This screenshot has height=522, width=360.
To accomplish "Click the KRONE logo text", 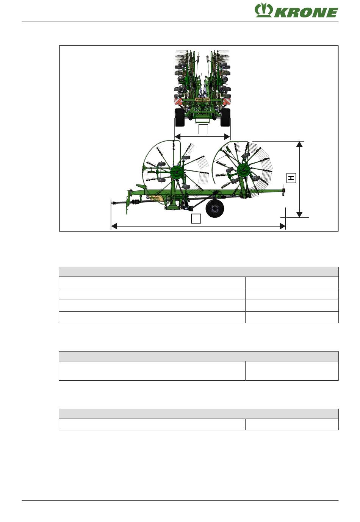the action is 306,13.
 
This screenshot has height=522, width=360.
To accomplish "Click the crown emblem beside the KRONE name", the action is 264,10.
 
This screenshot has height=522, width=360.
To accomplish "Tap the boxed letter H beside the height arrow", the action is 291,178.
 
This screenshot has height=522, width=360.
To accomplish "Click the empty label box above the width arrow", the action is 203,129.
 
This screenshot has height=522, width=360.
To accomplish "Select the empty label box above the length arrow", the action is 196,218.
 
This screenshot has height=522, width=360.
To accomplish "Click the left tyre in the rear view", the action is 180,117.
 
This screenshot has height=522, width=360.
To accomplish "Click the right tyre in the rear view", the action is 225,117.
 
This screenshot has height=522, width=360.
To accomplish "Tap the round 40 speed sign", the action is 178,96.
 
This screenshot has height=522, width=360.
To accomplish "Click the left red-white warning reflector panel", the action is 178,101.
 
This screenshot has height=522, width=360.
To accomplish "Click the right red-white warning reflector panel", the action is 226,101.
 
